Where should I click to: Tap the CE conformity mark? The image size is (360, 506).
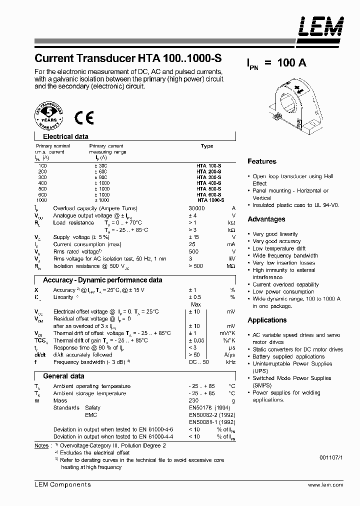[x=84, y=117]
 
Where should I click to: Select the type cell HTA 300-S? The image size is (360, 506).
[x=208, y=177]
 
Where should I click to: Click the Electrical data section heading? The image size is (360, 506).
[x=65, y=136]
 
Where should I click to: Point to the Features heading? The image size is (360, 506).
[x=261, y=161]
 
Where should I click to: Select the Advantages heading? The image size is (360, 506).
[x=266, y=219]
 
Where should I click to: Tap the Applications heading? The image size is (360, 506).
[x=267, y=320]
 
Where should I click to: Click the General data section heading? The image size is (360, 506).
[x=63, y=376]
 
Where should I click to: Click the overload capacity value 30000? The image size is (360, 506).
[x=196, y=208]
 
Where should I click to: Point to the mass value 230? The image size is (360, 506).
[x=193, y=400]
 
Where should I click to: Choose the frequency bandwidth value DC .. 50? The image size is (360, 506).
[x=198, y=362]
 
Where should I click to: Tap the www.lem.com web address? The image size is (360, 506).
[x=325, y=485]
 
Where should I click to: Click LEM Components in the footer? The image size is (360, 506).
[x=62, y=484]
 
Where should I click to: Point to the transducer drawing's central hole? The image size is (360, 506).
[x=289, y=108]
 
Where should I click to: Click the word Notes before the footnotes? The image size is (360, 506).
[x=41, y=445]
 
